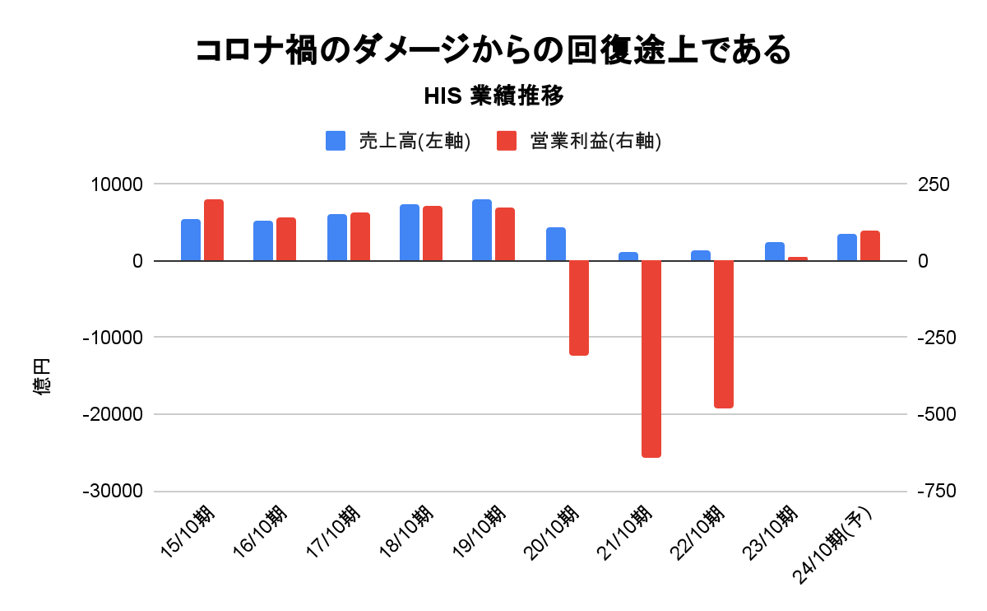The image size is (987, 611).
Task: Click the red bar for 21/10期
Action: pyautogui.click(x=651, y=358)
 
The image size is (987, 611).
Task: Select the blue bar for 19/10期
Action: pyautogui.click(x=482, y=230)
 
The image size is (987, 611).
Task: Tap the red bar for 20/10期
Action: pyautogui.click(x=579, y=307)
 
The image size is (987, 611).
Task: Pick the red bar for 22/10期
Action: pyautogui.click(x=724, y=333)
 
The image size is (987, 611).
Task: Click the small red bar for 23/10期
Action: pyautogui.click(x=798, y=259)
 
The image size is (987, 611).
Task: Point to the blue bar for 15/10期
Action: pyautogui.click(x=191, y=240)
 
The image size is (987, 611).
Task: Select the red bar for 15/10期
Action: pyautogui.click(x=214, y=230)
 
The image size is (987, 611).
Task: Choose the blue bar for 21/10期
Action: pyautogui.click(x=628, y=256)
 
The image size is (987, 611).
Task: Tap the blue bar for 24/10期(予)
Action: pyautogui.click(x=847, y=247)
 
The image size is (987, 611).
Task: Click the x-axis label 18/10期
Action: pyautogui.click(x=407, y=532)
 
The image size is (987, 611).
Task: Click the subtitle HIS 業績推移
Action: pyautogui.click(x=493, y=96)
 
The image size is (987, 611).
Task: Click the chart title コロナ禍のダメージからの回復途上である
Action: pyautogui.click(x=493, y=50)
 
